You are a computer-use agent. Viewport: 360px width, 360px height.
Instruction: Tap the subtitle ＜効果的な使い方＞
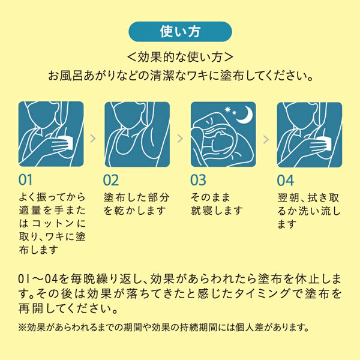[x=180, y=58]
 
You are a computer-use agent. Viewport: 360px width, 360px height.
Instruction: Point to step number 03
[x=198, y=180]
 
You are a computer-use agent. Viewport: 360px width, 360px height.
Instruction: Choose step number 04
[x=285, y=180]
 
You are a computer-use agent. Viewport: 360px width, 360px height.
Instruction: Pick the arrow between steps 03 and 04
[x=265, y=137]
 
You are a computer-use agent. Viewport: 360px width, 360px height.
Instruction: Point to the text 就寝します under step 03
[x=217, y=210]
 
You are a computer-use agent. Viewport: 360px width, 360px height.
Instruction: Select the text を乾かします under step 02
[x=130, y=210]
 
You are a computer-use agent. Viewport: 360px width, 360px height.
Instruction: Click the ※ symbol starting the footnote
[x=23, y=328]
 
